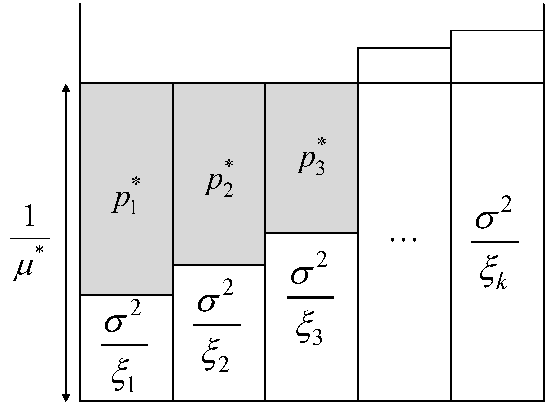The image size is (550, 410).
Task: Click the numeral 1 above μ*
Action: pos(29,217)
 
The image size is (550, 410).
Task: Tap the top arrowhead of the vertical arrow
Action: pos(66,88)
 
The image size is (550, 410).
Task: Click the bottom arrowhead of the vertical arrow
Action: pos(66,397)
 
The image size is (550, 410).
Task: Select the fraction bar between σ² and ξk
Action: pos(495,242)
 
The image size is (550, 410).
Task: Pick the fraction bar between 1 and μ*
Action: pos(30,239)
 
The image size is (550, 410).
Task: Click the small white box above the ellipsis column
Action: pos(404,66)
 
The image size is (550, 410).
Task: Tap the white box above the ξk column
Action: pos(497,57)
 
